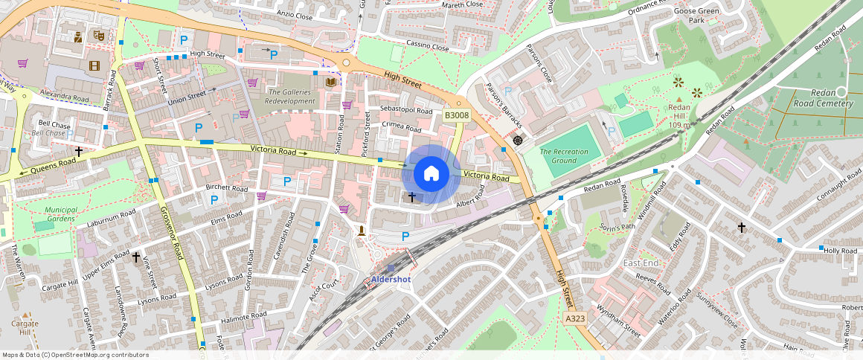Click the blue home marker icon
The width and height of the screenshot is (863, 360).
coord(431,174)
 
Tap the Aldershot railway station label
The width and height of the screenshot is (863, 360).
coord(391,279)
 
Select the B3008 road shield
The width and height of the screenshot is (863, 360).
coord(457,115)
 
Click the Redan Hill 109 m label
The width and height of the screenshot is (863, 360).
coord(678,116)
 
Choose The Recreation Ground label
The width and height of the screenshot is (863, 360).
coord(564,156)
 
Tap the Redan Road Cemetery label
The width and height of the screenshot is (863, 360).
coord(823,100)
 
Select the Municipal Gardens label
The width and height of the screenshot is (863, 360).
coord(60,214)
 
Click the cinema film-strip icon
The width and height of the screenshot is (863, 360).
coord(94,65)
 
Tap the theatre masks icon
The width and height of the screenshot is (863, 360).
coord(98,35)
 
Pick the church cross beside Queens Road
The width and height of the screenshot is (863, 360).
coord(78,151)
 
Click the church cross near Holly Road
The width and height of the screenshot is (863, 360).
coord(741,227)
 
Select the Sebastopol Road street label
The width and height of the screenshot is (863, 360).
coord(406,110)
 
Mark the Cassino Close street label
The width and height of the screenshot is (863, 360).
coord(428,47)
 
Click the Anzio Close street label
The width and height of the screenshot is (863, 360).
coord(295,14)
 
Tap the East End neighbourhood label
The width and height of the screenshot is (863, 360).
coord(641,263)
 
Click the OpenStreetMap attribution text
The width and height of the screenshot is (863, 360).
coord(75,355)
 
